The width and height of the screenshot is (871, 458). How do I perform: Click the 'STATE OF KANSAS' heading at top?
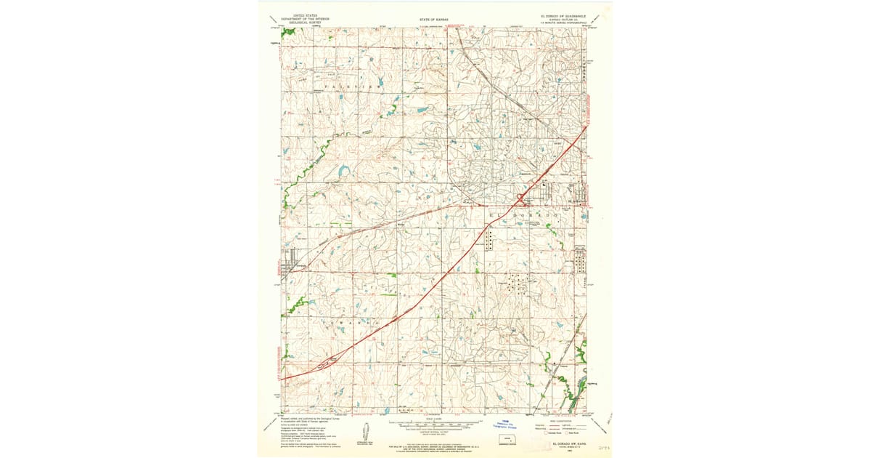[434, 19]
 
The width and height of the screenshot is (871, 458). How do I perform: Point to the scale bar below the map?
[435, 423]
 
